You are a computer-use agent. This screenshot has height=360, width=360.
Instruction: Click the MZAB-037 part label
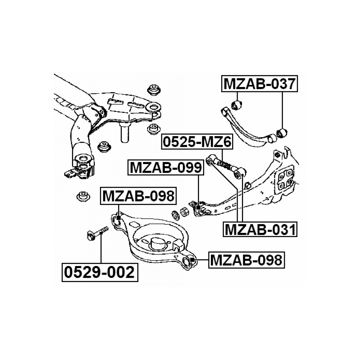tap(259, 83)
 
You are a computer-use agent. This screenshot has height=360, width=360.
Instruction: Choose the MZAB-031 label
tap(260, 229)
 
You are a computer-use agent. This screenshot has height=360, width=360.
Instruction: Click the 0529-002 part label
tap(100, 272)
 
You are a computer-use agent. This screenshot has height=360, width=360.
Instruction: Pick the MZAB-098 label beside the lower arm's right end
tap(246, 260)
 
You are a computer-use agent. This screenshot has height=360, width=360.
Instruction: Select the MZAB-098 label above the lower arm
tap(138, 196)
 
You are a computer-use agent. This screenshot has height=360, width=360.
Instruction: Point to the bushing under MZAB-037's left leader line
tap(236, 105)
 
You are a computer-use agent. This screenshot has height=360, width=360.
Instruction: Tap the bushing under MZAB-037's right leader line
tap(282, 133)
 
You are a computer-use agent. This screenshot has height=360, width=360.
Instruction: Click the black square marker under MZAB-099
tap(198, 208)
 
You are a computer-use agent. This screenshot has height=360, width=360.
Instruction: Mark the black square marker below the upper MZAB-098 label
tap(118, 218)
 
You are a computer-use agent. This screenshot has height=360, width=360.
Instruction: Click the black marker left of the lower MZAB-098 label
tap(192, 260)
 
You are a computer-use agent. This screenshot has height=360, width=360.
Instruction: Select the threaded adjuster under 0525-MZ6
tap(225, 164)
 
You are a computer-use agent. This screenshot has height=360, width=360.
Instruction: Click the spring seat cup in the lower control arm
tap(157, 244)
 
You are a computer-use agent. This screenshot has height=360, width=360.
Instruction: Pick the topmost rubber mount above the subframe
tap(153, 90)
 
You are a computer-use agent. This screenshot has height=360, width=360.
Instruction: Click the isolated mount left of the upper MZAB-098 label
tap(83, 197)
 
